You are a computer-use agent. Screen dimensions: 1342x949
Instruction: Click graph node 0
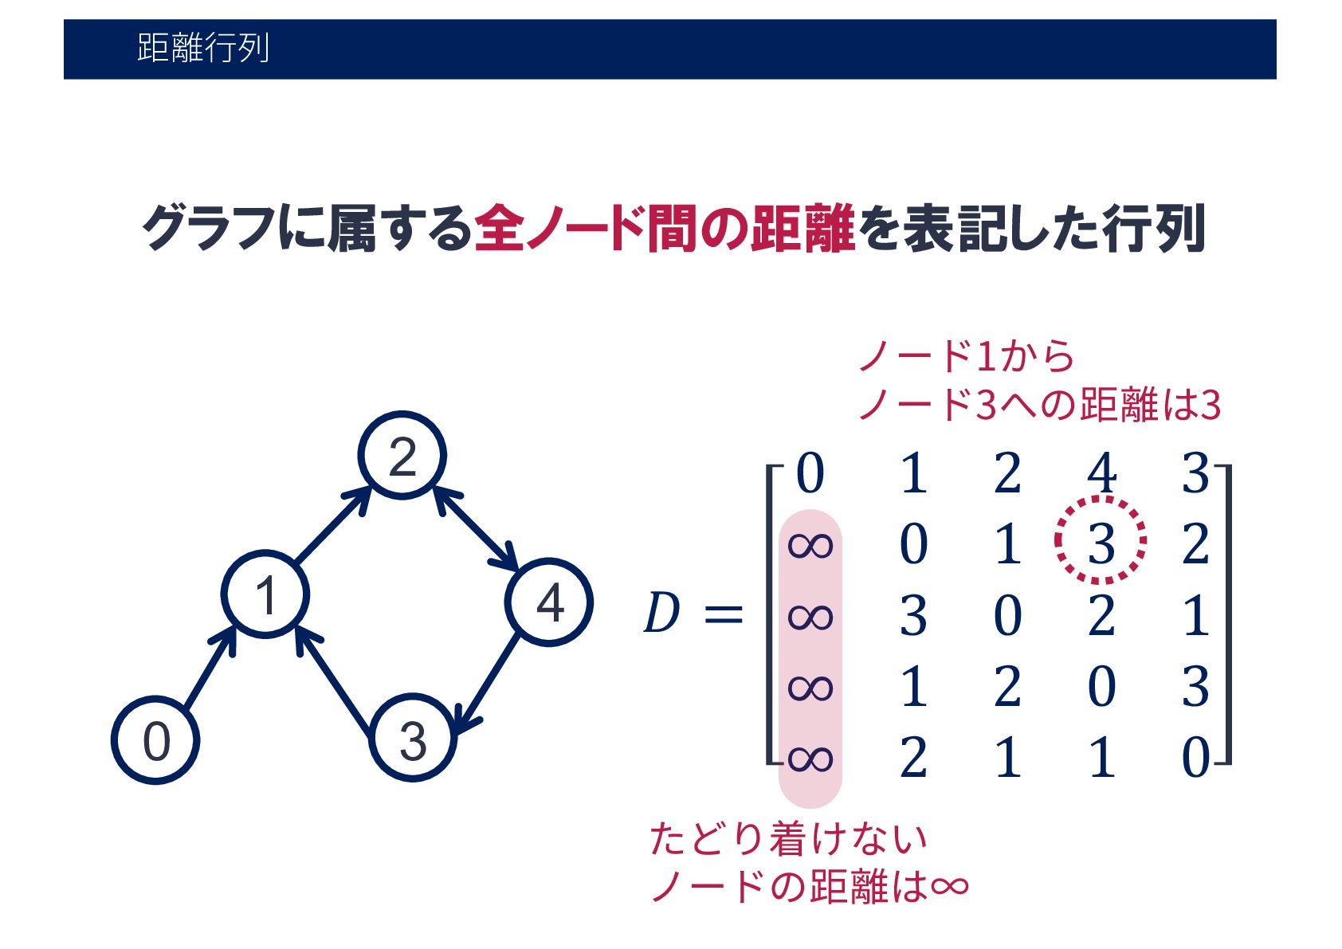coord(155,740)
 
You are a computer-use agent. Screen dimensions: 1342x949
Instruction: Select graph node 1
coord(265,594)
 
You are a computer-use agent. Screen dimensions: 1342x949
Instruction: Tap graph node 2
coord(402,456)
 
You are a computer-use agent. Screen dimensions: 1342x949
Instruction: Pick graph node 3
coord(413,739)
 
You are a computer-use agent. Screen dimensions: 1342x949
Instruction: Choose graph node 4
coord(549,602)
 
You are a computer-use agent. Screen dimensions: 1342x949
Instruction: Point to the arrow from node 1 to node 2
coord(333,525)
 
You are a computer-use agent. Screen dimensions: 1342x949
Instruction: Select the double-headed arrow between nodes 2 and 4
coord(476,528)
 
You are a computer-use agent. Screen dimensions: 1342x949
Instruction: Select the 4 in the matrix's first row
coord(1101,473)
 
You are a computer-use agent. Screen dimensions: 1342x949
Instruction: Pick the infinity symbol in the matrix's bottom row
coord(810,758)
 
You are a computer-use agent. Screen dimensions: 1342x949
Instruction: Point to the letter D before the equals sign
coord(661,614)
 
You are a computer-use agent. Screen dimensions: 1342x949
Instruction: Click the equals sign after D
coord(724,614)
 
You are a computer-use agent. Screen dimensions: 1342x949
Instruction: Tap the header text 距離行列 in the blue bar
coord(203,49)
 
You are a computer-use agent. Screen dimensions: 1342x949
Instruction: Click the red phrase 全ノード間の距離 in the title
coord(665,229)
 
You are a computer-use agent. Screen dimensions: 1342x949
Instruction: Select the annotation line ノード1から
coord(967,356)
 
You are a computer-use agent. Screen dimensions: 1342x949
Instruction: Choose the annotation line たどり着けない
coord(788,838)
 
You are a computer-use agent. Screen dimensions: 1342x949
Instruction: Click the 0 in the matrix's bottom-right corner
coord(1195,757)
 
